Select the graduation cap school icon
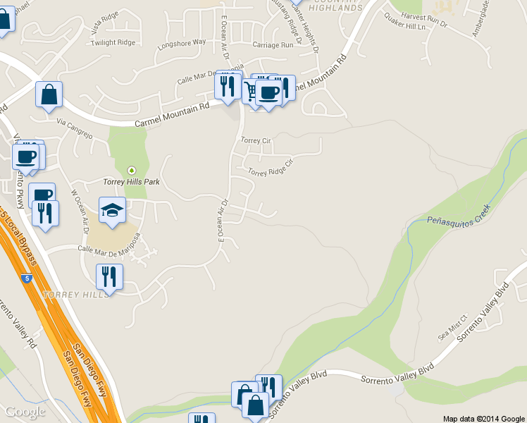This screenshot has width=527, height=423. tap(112, 211)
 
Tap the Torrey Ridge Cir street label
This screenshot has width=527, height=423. tap(269, 167)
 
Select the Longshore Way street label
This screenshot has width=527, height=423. tap(182, 42)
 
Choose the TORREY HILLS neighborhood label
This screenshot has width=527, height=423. tap(77, 294)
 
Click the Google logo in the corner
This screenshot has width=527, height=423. tap(25, 412)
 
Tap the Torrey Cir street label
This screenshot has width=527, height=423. tap(256, 140)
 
